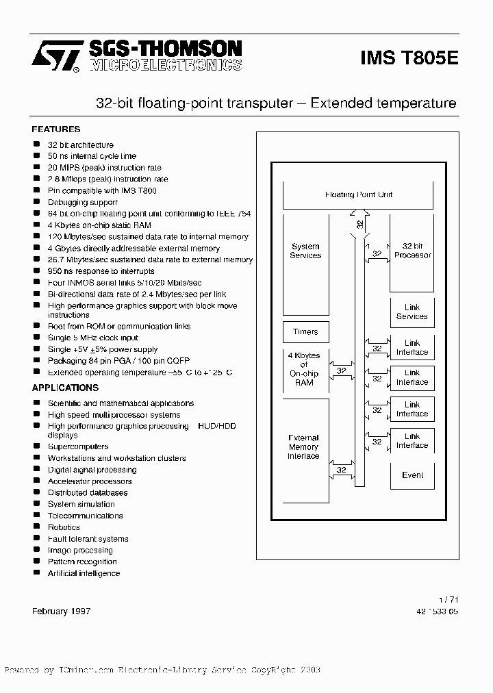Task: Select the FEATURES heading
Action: click(56, 129)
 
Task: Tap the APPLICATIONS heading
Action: click(66, 388)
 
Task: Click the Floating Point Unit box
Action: click(358, 195)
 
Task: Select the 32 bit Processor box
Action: click(412, 252)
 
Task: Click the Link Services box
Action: click(412, 312)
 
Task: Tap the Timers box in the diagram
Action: click(305, 332)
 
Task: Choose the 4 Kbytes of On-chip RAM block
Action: click(304, 369)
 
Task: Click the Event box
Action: click(412, 475)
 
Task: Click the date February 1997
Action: click(62, 611)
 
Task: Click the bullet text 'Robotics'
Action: click(64, 527)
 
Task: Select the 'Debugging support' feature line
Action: click(82, 202)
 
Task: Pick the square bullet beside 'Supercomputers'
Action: click(36, 446)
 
